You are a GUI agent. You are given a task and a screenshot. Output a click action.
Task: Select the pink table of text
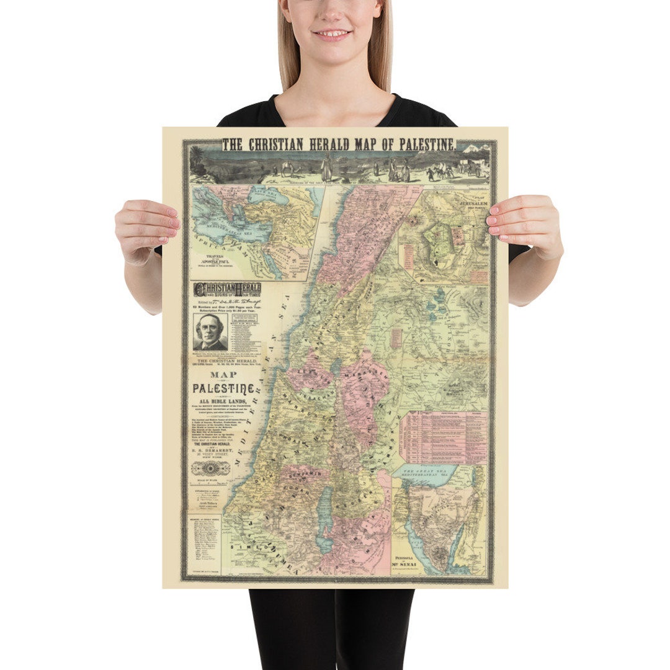point(444,437)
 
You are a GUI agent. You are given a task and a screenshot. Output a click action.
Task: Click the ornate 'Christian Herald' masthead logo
point(228,289)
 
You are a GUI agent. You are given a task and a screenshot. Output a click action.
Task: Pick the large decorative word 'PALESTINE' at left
point(224,389)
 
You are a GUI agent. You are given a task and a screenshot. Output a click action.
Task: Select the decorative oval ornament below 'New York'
point(210,468)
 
